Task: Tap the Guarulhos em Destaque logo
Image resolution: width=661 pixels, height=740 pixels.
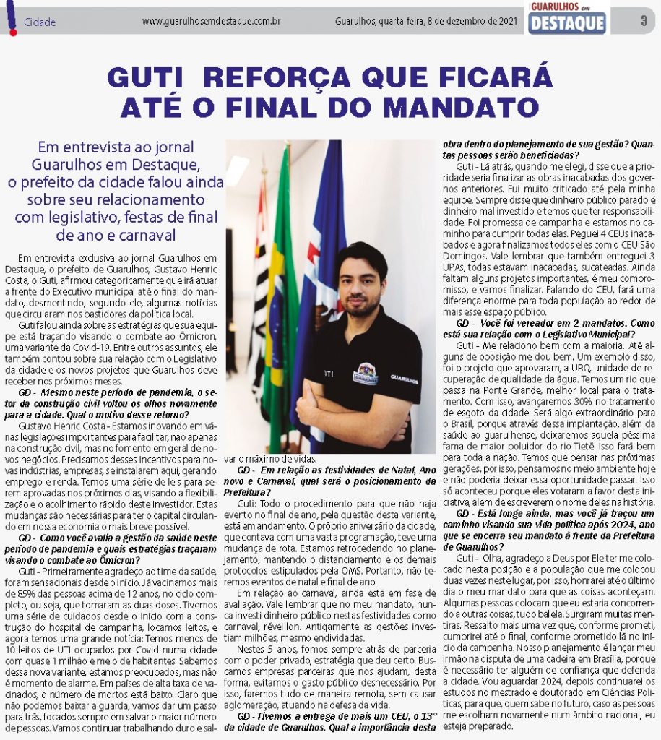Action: point(567,19)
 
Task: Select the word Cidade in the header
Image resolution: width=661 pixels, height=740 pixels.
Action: point(40,22)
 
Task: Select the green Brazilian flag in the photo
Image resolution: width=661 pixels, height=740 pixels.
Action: point(279,289)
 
